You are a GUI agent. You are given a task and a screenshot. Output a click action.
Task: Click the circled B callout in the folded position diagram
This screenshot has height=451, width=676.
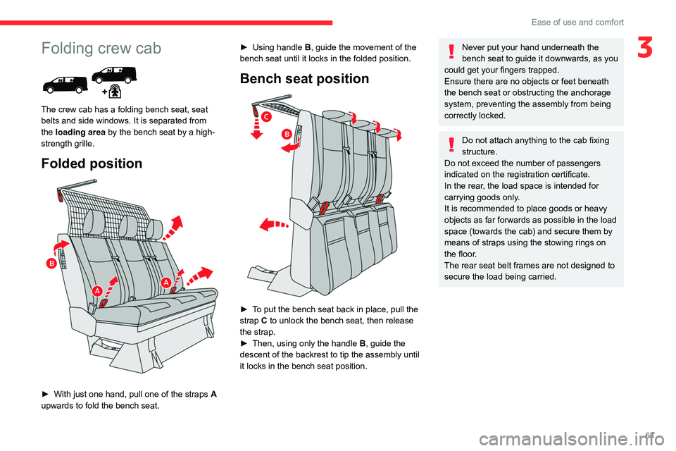click(x=52, y=264)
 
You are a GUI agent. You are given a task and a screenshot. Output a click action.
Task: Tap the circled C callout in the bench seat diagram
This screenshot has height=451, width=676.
click(x=266, y=115)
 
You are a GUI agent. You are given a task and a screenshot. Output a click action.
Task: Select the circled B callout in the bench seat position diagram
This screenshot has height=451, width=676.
click(x=287, y=133)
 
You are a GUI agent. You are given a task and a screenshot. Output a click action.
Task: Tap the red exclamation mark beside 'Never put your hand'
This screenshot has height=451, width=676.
click(x=451, y=52)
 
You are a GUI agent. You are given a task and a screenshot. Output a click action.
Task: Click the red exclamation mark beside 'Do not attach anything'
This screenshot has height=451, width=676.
click(x=451, y=144)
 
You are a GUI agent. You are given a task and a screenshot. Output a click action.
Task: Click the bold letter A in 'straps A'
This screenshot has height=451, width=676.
click(x=213, y=393)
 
